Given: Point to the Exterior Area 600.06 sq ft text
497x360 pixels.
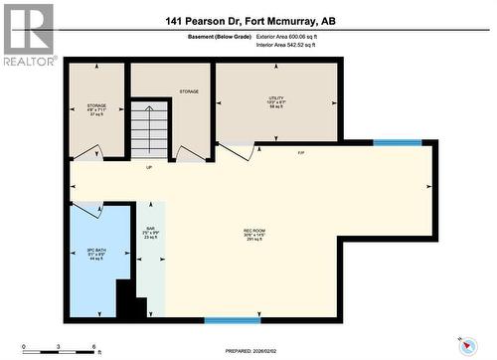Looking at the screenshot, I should pyautogui.click(x=293, y=37).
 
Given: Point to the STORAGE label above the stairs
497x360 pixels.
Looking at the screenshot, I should pyautogui.click(x=189, y=91).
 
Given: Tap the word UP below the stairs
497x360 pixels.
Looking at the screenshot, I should pyautogui.click(x=149, y=166).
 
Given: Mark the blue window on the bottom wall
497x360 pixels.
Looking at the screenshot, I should pyautogui.click(x=233, y=320).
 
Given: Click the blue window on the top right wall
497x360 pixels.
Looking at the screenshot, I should pyautogui.click(x=397, y=143).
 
